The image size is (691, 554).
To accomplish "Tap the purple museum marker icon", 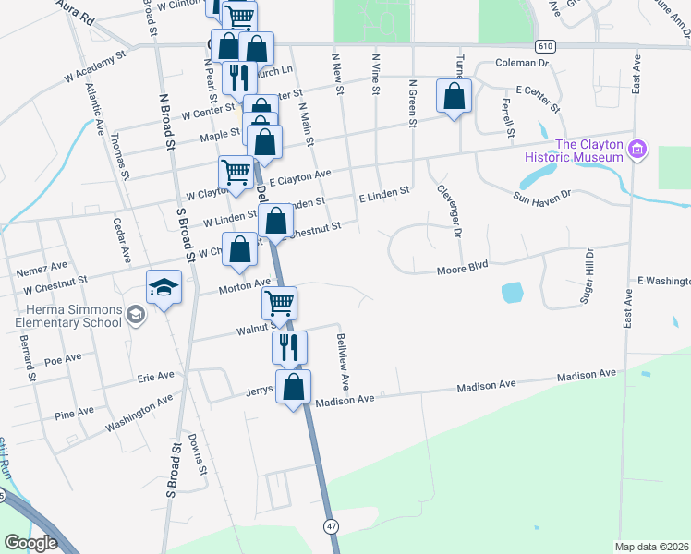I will click(636, 150).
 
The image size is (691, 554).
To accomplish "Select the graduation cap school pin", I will click(164, 288).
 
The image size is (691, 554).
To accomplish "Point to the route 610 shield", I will click(545, 45).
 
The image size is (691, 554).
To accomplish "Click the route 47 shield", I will click(330, 525).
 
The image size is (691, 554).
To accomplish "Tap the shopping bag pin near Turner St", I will click(454, 96).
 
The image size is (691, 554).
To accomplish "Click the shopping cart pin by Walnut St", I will click(279, 303).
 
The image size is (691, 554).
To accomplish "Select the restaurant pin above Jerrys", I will click(288, 346).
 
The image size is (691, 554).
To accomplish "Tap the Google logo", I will click(30, 543).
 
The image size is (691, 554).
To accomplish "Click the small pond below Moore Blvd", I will click(513, 294).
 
